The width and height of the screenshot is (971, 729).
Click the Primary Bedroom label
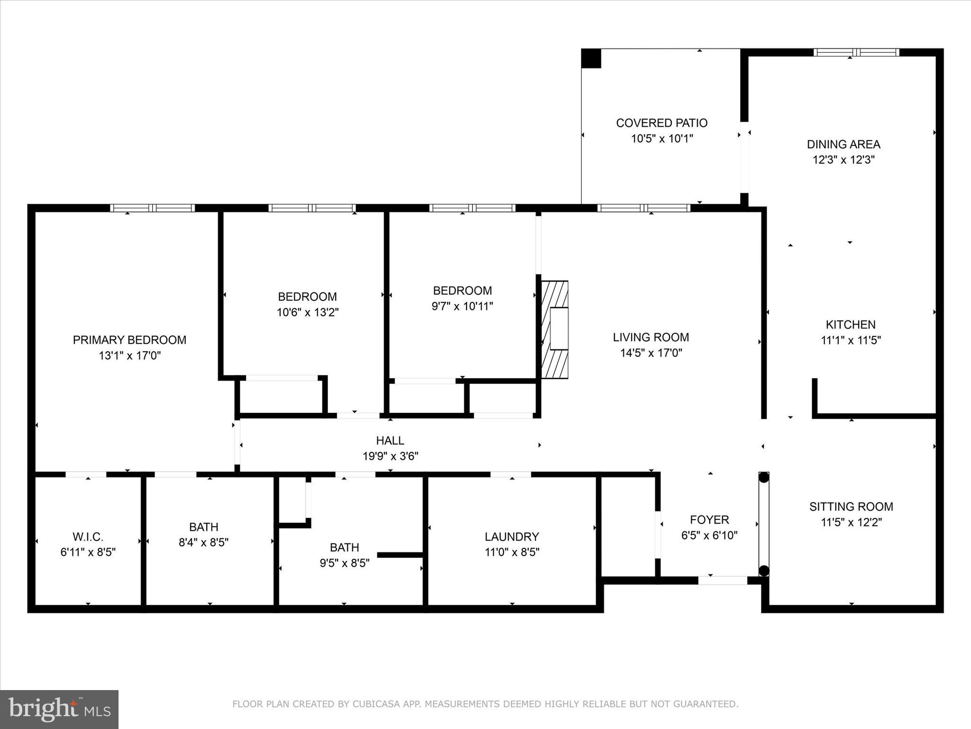(x=129, y=340)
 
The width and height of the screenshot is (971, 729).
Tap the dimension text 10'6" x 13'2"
(x=308, y=312)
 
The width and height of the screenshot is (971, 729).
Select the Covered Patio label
(x=661, y=123)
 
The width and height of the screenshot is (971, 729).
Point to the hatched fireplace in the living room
(x=555, y=329)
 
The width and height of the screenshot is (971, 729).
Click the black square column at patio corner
(x=591, y=58)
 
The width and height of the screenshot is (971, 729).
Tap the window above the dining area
(x=856, y=53)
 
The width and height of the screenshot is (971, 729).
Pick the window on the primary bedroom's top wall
(x=152, y=208)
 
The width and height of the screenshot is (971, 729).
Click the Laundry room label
(x=512, y=536)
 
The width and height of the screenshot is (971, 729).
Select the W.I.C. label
(x=88, y=537)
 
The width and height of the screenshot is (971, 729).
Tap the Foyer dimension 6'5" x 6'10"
(x=709, y=535)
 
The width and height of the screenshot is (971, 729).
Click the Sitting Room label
(x=851, y=506)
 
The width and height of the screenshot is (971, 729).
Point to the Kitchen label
(x=851, y=325)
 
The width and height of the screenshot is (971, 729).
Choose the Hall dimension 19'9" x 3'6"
(x=390, y=456)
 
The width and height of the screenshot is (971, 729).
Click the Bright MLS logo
(x=59, y=709)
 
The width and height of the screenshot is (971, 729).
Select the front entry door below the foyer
(x=723, y=580)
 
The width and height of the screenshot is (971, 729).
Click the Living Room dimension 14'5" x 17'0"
(x=651, y=353)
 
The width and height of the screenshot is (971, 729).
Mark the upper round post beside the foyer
(x=764, y=477)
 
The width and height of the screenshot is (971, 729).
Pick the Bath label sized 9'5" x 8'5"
(x=344, y=547)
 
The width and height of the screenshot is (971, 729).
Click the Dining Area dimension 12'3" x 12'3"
(x=843, y=159)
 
